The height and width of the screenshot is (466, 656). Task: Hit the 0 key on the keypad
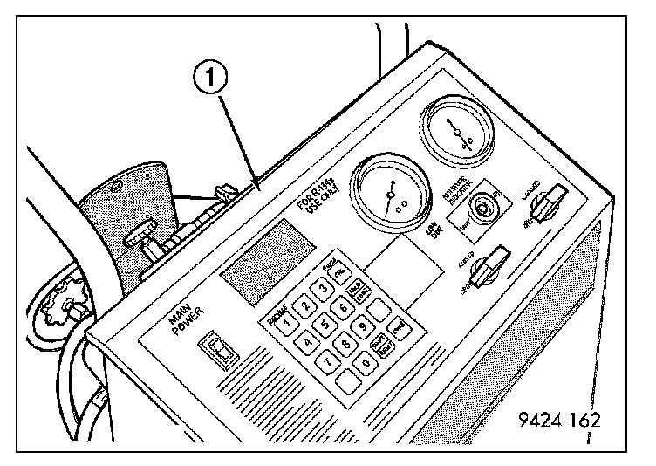pyautogui.click(x=369, y=360)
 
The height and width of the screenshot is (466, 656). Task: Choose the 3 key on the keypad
pyautogui.click(x=325, y=289)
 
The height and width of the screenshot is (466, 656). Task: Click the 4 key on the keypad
pyautogui.click(x=307, y=342)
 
